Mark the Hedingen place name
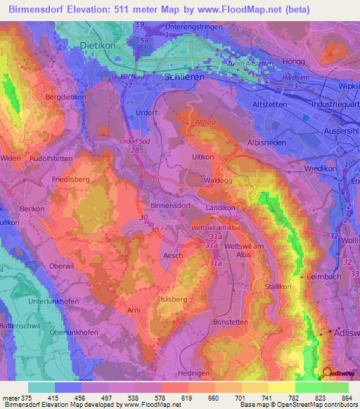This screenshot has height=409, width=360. coord(194,372)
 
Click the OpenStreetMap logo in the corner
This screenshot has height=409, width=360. coord(336,374)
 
